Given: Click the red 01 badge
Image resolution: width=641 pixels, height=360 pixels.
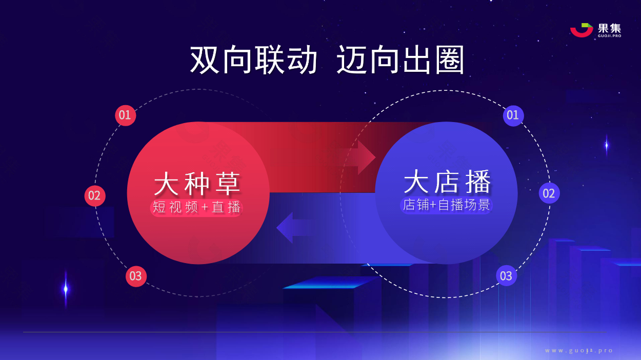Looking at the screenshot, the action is pos(125,115).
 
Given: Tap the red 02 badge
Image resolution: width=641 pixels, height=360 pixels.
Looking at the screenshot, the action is pos(95,196).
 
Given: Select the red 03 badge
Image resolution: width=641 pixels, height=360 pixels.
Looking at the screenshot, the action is pos(136,276).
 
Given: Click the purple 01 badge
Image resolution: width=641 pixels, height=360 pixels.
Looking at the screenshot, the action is pos(513,115).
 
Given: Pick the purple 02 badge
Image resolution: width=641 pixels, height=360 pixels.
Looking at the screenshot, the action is pos(549,193).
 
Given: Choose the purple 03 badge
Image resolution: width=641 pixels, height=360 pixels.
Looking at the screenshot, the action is pos(506,275).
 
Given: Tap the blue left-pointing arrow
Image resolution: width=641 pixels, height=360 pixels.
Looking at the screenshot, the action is pos(295,228).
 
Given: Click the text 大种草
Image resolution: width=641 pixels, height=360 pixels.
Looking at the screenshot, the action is pos(197,184).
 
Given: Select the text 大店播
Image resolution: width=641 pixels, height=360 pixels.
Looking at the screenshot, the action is pos(447,182).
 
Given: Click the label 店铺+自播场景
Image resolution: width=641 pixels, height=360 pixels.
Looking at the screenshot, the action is pos(447,205).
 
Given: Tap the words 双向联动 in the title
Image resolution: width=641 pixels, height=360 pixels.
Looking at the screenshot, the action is pos(253,60).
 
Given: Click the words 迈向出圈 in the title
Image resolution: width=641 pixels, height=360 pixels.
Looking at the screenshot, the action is pos(400,60).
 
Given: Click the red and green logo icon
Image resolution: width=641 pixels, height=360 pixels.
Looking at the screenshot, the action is pos(582,30).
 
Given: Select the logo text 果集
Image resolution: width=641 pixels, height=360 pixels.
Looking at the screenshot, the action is pos(609,28).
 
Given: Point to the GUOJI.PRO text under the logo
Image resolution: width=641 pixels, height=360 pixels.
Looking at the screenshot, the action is pos(610,36).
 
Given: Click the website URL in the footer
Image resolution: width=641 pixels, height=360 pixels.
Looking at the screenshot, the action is pos(578,351).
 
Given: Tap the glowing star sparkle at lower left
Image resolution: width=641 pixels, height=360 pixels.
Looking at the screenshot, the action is pos(66,289).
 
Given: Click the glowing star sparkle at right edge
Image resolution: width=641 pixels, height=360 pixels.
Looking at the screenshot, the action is pos(606,145).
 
